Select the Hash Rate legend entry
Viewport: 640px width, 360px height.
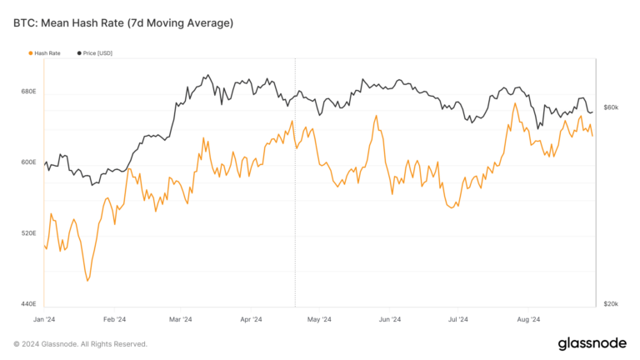tap(47, 53)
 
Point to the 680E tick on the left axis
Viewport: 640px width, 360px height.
tap(28, 91)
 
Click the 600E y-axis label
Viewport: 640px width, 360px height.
tap(28, 162)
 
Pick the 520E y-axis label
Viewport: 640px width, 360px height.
tap(28, 233)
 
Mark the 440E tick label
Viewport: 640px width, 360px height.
tap(28, 304)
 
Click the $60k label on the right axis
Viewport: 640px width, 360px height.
tap(610, 107)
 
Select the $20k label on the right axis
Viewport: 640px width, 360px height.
tap(610, 304)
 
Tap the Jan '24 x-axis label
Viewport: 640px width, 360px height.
tap(44, 319)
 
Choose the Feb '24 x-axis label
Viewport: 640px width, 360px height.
tap(114, 319)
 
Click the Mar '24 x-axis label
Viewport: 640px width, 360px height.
tap(181, 319)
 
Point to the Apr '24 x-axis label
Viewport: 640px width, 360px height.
tap(252, 319)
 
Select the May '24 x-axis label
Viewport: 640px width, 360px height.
tap(320, 319)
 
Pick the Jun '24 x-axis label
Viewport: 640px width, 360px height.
tap(390, 319)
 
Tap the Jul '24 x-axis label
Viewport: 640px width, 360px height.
tap(458, 319)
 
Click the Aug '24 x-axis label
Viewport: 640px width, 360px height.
tap(529, 319)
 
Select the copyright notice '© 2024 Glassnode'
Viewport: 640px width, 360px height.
tap(80, 344)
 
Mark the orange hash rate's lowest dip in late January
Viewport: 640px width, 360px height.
tap(87, 281)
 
